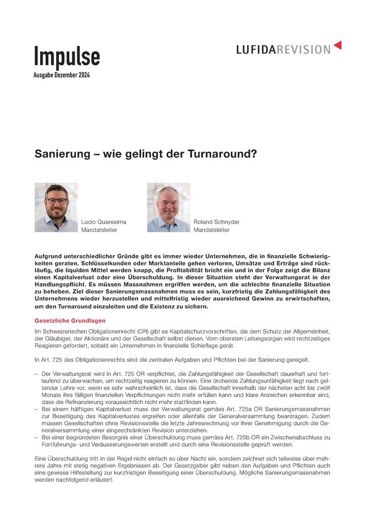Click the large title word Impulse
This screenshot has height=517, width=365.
[x=67, y=56]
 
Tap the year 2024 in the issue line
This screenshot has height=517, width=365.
[x=83, y=75]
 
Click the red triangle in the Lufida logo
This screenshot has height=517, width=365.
[x=337, y=45]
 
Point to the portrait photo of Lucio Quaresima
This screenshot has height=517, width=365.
[x=56, y=207]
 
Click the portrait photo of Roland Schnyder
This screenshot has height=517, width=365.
[x=168, y=207]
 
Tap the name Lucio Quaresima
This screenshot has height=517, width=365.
[x=104, y=221]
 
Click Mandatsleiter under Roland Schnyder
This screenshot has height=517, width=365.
[x=211, y=230]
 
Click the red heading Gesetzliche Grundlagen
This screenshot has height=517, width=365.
[x=70, y=320]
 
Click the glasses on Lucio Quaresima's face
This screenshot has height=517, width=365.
[x=57, y=201]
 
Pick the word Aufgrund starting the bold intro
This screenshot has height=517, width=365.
[x=49, y=254]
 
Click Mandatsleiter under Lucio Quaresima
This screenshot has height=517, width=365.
[x=99, y=230]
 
